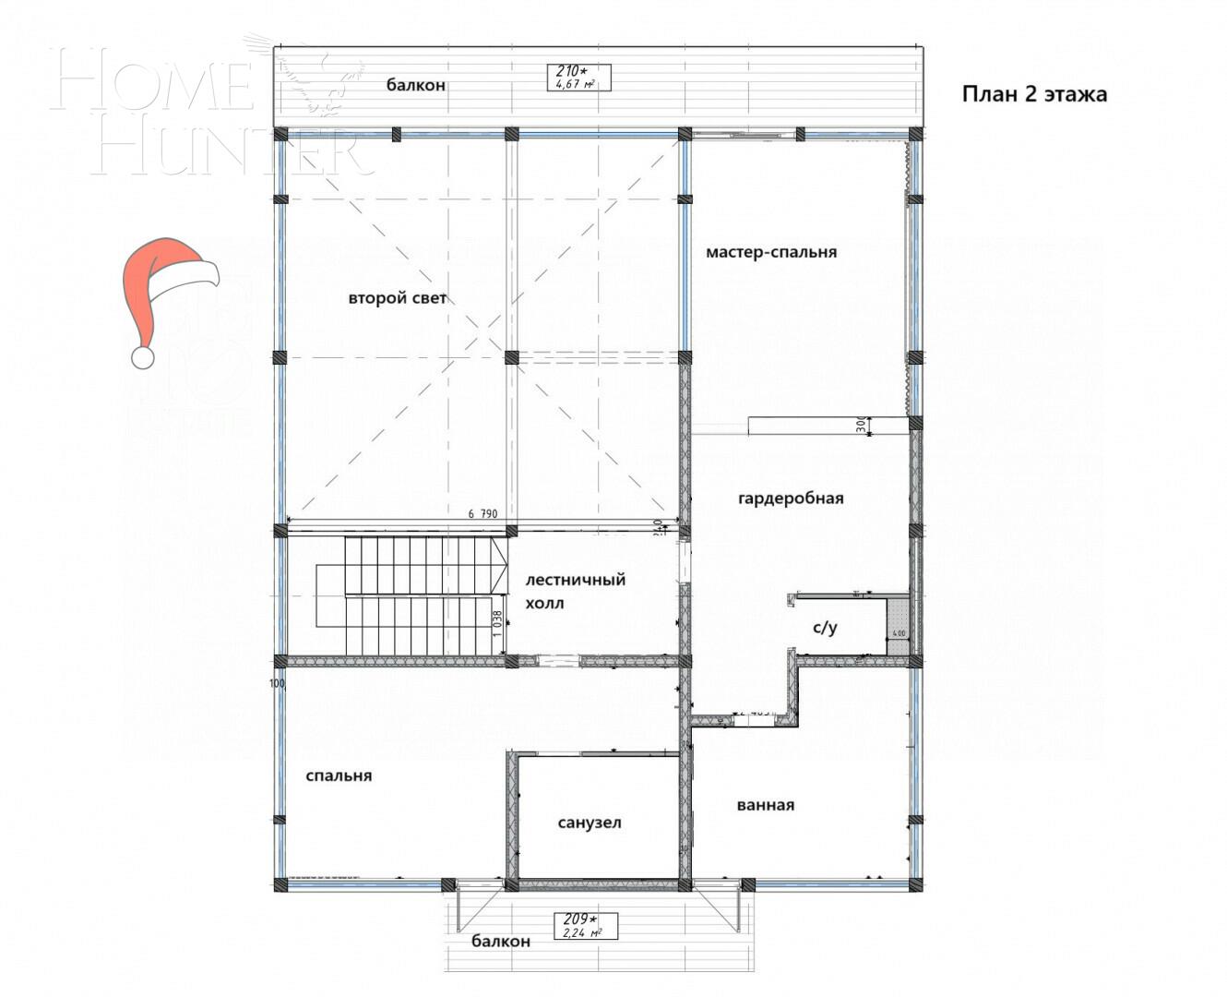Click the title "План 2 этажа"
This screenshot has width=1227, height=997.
pyautogui.click(x=1034, y=94)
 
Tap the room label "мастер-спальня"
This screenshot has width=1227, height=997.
pyautogui.click(x=771, y=252)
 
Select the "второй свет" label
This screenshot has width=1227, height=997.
pyautogui.click(x=398, y=298)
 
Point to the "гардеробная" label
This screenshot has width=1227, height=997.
pyautogui.click(x=791, y=498)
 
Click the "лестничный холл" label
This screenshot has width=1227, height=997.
pyautogui.click(x=575, y=592)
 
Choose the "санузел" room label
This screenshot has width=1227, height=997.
pyautogui.click(x=590, y=823)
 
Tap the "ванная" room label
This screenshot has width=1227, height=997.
pyautogui.click(x=765, y=805)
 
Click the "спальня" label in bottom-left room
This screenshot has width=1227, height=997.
pyautogui.click(x=339, y=775)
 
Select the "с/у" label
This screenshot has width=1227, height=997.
pyautogui.click(x=825, y=629)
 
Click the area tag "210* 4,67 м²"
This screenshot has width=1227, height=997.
pyautogui.click(x=578, y=77)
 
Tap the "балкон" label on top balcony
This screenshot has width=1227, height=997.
pyautogui.click(x=416, y=85)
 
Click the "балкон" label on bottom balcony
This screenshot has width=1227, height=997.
pyautogui.click(x=501, y=942)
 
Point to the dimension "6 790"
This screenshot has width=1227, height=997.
pyautogui.click(x=482, y=514)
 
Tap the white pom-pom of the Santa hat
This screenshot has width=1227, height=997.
pyautogui.click(x=142, y=357)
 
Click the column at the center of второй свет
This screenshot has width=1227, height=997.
pyautogui.click(x=511, y=357)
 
